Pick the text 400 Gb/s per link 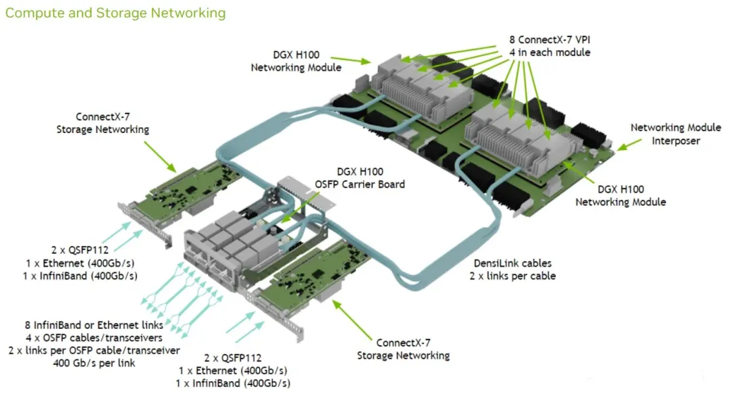pyautogui.click(x=94, y=363)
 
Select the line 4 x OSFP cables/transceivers pyautogui.click(x=94, y=338)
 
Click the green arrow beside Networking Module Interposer pyautogui.click(x=629, y=143)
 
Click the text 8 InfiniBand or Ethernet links pyautogui.click(x=94, y=326)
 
